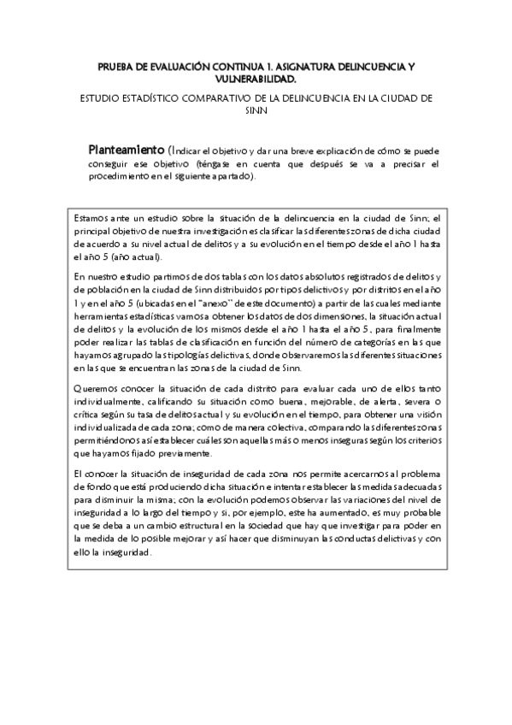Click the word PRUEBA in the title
pos(116,66)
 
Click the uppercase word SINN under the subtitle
pos(256,109)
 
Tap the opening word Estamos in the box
pos(91,219)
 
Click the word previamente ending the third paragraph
pos(179,453)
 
